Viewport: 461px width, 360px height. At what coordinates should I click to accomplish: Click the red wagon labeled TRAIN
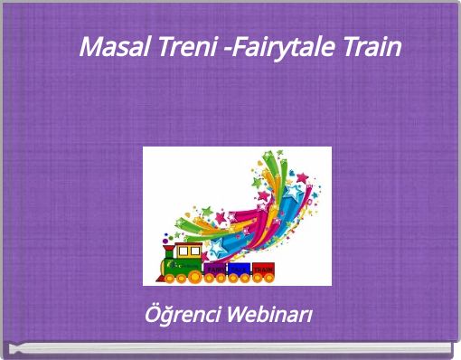point(263,269)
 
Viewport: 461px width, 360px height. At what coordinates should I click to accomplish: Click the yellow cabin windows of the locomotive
point(188,251)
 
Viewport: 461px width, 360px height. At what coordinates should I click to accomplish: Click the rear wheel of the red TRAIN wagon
point(269,277)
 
